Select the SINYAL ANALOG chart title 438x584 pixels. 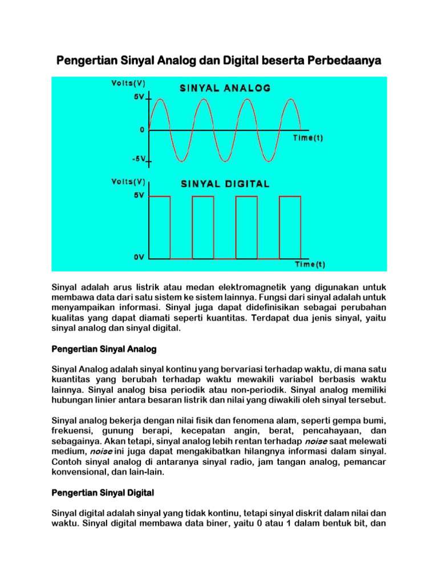pos(226,88)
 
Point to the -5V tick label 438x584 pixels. pos(139,159)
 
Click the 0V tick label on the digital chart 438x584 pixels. pos(139,257)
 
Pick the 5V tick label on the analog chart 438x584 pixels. pos(139,98)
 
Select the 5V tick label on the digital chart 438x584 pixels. pos(139,195)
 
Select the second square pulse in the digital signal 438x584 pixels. pos(203,227)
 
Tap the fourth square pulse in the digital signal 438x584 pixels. pos(290,227)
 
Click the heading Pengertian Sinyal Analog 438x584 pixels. pos(104,348)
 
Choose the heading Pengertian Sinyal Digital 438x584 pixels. pos(103,492)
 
